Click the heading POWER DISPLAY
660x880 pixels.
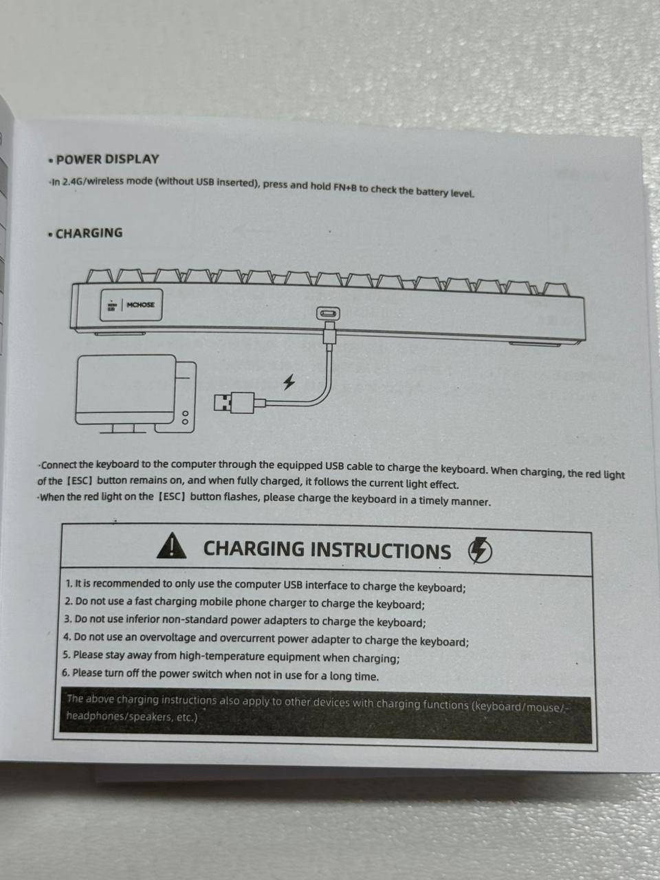click(x=107, y=159)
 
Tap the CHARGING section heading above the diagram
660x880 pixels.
click(x=89, y=233)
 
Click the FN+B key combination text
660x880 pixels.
click(x=345, y=187)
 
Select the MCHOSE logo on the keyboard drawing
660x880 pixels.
click(x=140, y=305)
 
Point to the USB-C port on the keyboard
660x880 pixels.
click(x=328, y=313)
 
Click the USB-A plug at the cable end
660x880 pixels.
click(x=234, y=402)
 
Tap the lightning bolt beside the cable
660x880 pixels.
click(x=289, y=382)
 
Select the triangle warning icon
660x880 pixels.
click(x=171, y=545)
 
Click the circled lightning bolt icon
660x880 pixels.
click(x=480, y=550)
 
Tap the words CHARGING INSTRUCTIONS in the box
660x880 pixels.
click(x=327, y=549)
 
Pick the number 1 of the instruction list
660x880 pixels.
click(x=69, y=583)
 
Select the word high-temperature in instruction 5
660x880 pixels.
click(x=221, y=657)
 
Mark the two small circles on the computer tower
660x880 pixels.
click(x=185, y=417)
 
